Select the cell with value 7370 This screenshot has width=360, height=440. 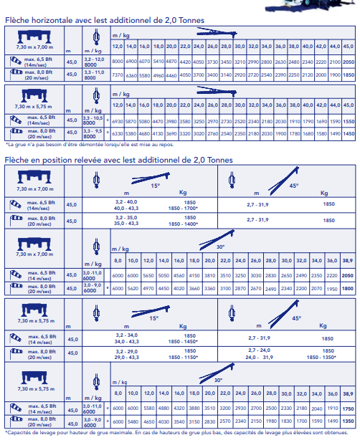(118, 75)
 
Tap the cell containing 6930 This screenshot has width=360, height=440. (118, 123)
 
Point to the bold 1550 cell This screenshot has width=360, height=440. (348, 123)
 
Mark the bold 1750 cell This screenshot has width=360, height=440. (348, 408)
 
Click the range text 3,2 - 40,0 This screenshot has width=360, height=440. (126, 204)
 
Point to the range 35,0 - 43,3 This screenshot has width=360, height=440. (126, 224)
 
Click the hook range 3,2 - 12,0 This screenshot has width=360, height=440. (95, 59)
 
